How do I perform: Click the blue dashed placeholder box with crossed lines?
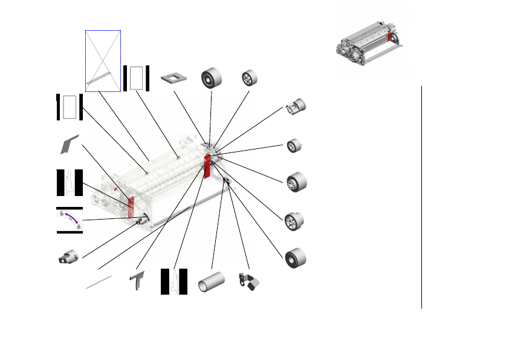103,61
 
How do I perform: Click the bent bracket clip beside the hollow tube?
248,281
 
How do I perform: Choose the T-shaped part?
139,281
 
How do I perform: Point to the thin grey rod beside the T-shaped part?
99,282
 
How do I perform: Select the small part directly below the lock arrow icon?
69,257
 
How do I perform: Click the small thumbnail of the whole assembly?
369,44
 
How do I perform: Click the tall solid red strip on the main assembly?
207,166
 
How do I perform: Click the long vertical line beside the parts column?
421,197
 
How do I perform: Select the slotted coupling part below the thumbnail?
296,108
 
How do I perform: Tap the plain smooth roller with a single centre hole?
296,257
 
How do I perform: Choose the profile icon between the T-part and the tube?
174,281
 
